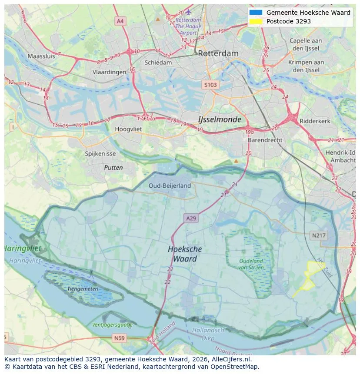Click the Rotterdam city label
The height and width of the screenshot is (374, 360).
click(218, 53)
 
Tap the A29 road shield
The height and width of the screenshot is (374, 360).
click(191, 218)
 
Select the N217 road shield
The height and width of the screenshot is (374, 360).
click(319, 235)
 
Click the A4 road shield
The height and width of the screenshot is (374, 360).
click(120, 21)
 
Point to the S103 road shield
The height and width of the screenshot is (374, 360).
click(210, 85)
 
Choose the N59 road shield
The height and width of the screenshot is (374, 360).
click(119, 338)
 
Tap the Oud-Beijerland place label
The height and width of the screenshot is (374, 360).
click(170, 185)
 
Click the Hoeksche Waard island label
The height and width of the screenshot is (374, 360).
click(185, 254)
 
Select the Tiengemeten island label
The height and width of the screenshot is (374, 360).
click(82, 288)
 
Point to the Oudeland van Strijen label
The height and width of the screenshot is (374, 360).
click(250, 264)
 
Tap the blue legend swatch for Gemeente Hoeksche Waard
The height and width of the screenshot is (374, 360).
click(256, 13)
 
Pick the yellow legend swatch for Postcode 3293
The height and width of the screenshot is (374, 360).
click(256, 21)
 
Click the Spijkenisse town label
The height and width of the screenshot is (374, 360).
click(100, 154)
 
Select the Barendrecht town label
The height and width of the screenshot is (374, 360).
click(265, 140)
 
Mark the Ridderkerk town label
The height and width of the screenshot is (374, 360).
click(315, 121)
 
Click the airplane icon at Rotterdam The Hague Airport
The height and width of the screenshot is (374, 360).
click(188, 12)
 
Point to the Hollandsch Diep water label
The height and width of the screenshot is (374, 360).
click(208, 334)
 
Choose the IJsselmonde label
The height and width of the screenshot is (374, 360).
click(220, 119)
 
